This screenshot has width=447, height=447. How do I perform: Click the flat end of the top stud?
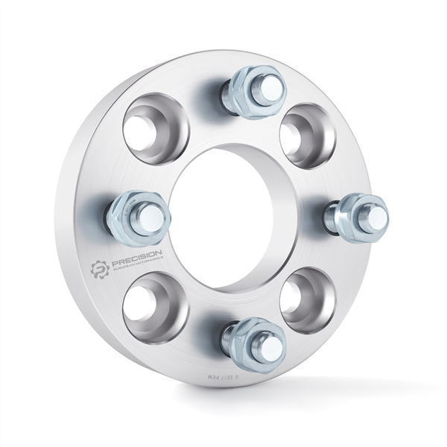tap(270, 86)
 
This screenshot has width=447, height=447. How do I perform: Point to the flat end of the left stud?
tap(156, 216)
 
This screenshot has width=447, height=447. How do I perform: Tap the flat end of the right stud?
tap(376, 216)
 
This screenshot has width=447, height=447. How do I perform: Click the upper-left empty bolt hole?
tap(155, 127)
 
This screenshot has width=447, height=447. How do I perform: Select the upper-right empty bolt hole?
tap(306, 135)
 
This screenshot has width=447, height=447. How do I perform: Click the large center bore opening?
tap(231, 216)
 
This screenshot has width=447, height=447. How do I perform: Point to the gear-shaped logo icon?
tap(100, 267)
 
